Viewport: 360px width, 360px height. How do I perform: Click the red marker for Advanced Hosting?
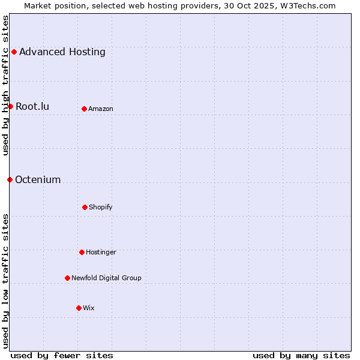click(14, 52)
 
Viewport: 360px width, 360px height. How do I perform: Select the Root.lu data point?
click(10, 106)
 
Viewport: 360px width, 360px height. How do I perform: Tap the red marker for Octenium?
click(10, 179)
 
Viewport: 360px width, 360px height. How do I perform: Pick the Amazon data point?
click(84, 109)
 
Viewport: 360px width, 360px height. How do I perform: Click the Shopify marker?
click(85, 207)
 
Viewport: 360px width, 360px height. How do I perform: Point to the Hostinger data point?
click(82, 252)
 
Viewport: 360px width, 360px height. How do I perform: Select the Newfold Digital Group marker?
click(67, 278)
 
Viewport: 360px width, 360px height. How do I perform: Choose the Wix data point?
click(79, 308)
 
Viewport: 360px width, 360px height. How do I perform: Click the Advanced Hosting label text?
click(62, 52)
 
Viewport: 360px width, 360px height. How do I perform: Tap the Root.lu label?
click(32, 106)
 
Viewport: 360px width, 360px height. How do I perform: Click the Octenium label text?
click(38, 179)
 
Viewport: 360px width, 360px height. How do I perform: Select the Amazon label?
click(101, 109)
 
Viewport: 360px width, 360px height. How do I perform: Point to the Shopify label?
click(101, 207)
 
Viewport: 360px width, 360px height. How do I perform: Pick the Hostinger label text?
click(101, 252)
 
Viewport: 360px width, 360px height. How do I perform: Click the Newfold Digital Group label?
click(106, 278)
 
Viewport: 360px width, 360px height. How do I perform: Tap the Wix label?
click(89, 308)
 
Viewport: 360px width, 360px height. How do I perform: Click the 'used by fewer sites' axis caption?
click(62, 355)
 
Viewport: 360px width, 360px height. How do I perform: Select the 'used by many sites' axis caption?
click(301, 355)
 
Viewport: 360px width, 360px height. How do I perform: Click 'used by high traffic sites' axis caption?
click(5, 85)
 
